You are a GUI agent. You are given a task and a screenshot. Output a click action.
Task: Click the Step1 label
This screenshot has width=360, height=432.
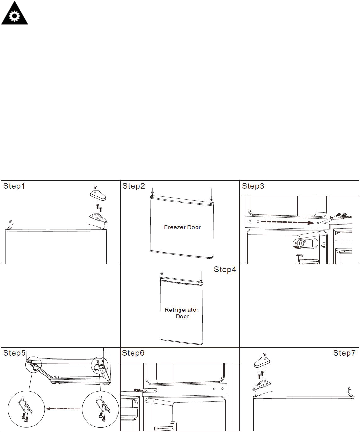(14, 186)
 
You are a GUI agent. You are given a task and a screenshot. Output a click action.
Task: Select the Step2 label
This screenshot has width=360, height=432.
(133, 186)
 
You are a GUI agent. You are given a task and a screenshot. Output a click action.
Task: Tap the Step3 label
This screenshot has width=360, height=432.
(253, 186)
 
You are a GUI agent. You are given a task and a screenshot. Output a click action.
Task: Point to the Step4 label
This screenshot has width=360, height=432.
(225, 269)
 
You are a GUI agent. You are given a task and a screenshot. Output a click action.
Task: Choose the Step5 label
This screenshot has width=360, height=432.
(14, 353)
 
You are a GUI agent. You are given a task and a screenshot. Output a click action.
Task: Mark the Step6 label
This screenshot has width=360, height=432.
(133, 353)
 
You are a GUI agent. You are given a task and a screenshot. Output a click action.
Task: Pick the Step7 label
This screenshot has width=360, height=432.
(344, 353)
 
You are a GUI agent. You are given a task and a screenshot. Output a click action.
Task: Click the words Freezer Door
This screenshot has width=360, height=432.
(182, 227)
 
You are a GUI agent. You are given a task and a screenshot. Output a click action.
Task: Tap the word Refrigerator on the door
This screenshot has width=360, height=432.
(181, 310)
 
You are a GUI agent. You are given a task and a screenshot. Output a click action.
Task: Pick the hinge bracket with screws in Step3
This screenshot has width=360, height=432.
(340, 216)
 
